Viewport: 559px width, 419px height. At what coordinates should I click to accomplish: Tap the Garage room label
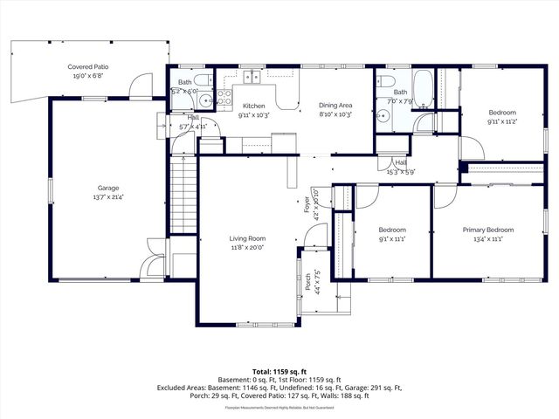107,188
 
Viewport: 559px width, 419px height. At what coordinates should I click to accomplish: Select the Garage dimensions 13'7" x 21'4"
107,197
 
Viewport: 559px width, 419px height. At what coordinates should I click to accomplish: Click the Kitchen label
253,106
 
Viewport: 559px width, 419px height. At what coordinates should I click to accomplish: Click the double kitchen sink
253,77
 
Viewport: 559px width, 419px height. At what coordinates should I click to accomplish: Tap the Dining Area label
335,106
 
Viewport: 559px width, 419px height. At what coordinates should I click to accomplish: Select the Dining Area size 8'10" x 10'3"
335,114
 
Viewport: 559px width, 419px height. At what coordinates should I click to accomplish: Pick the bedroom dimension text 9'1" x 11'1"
392,239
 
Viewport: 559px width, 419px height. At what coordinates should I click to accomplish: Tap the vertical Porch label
307,281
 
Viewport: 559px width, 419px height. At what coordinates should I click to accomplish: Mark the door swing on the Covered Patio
138,86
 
